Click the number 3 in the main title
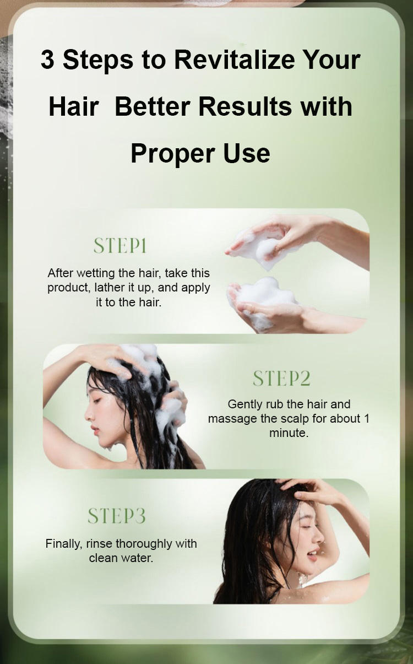(47, 60)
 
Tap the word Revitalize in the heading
(235, 60)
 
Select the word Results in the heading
(245, 106)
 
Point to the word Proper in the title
(173, 154)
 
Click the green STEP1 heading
(120, 246)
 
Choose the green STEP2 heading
(281, 378)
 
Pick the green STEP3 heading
(117, 516)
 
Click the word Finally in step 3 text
(64, 544)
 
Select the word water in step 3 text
(138, 558)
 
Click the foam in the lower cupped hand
(264, 294)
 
